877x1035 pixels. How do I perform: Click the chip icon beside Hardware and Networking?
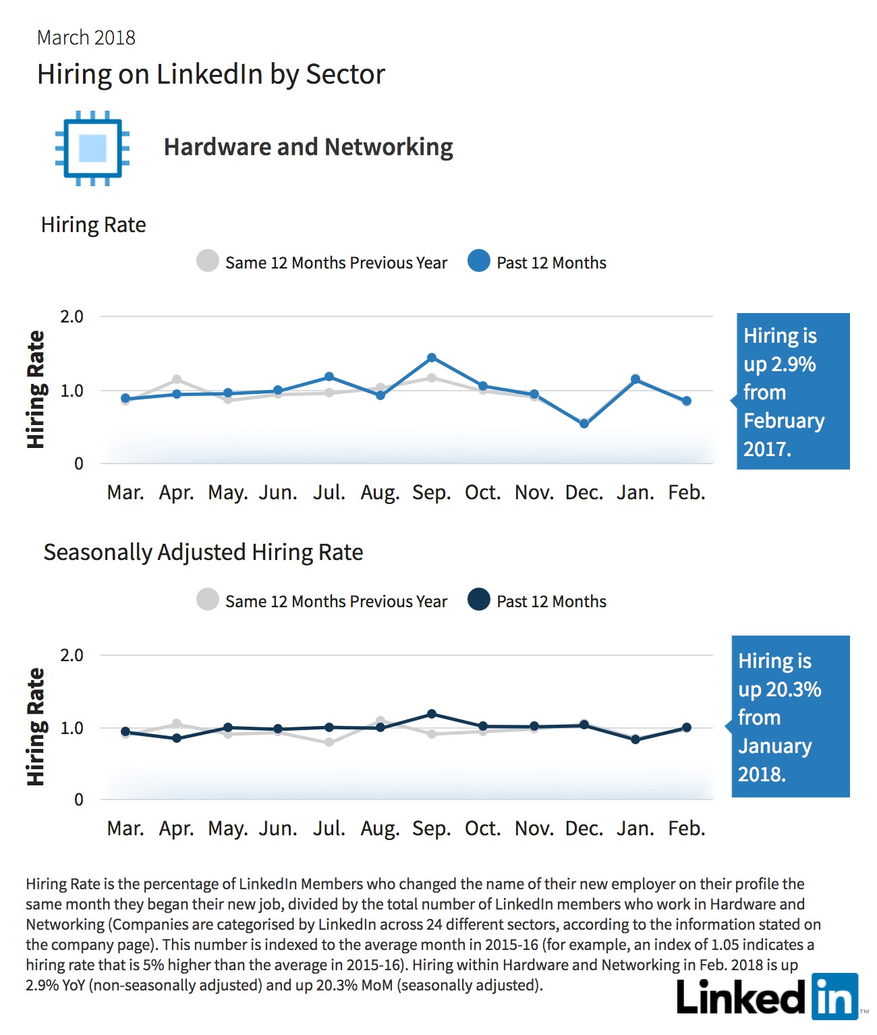[92, 148]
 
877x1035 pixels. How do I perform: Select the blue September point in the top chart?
[432, 358]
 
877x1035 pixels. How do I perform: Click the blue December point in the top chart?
[584, 424]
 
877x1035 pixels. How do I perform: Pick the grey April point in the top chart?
[177, 380]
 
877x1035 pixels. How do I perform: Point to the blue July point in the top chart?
[329, 376]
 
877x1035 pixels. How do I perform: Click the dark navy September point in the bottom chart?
[432, 714]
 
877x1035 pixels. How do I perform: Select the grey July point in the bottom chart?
[329, 742]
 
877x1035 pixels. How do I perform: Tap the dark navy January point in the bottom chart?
[635, 739]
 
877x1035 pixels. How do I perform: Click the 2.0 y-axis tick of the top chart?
[72, 316]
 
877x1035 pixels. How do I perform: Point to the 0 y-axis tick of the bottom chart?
[78, 800]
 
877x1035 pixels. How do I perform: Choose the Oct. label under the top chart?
[482, 493]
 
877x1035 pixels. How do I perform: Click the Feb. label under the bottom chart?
[686, 829]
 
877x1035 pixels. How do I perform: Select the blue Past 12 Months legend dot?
[478, 261]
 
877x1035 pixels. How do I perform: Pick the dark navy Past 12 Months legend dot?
[478, 599]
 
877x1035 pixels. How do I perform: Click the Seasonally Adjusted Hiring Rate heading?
[203, 553]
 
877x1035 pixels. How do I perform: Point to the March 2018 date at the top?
[86, 38]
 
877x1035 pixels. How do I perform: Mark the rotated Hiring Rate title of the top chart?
[36, 389]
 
